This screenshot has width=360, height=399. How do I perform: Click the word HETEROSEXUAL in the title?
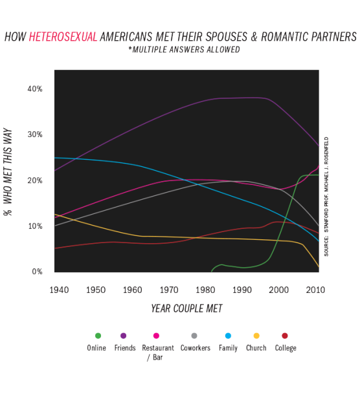[x=63, y=37]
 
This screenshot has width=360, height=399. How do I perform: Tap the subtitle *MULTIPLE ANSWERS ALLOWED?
[x=184, y=49]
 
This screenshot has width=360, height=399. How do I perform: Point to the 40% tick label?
[x=35, y=89]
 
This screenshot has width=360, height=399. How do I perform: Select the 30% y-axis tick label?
[x=35, y=135]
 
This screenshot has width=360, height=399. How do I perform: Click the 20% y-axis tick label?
[x=35, y=180]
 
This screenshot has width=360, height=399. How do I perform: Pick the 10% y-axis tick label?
[x=36, y=226]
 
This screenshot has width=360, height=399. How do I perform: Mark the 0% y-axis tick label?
[x=37, y=272]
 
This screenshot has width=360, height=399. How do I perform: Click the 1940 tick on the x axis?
[x=59, y=290]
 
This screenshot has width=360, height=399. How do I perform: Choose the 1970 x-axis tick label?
[x=169, y=290]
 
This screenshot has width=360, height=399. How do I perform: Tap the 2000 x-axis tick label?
[x=278, y=290]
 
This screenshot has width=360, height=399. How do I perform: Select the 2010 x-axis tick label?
[x=315, y=290]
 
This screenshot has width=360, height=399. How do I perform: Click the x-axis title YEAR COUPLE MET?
[x=186, y=308]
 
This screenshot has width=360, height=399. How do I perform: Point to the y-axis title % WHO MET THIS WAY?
[x=8, y=172]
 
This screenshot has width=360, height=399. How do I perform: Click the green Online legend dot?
[x=98, y=336]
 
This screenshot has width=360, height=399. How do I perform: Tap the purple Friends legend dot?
[x=123, y=336]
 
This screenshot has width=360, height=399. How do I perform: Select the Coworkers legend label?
[x=196, y=348]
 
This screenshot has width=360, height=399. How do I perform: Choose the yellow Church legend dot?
[x=256, y=336]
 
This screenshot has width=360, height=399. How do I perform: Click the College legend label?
[x=286, y=348]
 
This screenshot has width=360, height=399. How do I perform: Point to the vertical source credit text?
[x=326, y=197]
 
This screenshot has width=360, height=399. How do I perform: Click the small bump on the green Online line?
[x=222, y=264]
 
